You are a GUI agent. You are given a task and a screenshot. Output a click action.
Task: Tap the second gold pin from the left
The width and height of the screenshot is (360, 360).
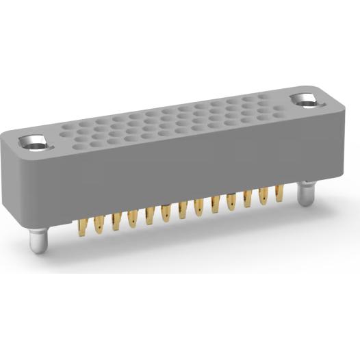99,222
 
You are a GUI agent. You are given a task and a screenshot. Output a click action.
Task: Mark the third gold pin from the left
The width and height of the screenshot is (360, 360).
116,220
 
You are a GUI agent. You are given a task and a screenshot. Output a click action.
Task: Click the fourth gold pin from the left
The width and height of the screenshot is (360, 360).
133,217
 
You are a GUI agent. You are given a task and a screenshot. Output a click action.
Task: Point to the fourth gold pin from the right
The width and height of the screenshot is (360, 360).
231,201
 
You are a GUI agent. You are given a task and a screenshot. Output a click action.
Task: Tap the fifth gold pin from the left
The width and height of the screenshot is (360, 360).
149,214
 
